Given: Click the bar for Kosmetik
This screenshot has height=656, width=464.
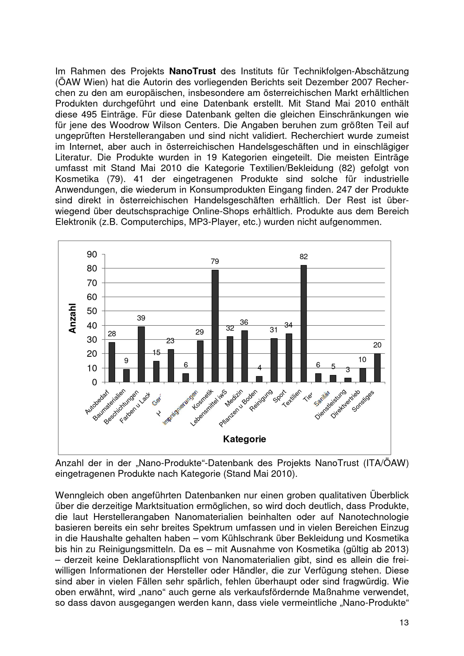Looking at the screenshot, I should tap(215, 326).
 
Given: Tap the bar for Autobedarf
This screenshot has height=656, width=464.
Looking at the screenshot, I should tap(112, 362).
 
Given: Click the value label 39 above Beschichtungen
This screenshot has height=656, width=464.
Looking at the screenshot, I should tap(141, 318).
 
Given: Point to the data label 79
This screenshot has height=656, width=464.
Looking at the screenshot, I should tap(215, 261).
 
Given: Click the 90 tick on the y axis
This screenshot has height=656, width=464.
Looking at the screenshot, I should tap(92, 254).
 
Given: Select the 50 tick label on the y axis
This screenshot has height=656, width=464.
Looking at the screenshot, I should tap(92, 311).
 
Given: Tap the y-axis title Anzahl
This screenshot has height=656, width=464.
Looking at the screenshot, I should tap(73, 318).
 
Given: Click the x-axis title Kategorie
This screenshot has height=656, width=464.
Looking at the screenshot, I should tap(245, 439).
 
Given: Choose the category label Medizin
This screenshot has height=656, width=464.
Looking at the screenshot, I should tap(234, 398).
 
